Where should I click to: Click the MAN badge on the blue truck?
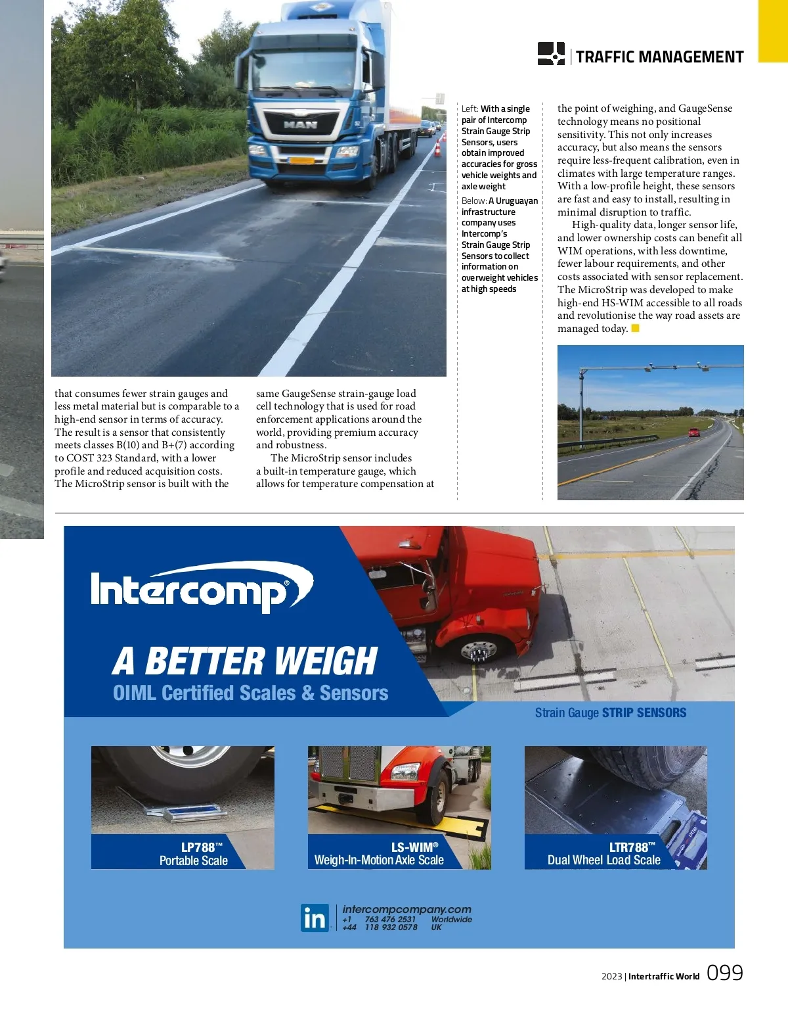(x=300, y=124)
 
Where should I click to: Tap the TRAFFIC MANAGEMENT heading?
(x=659, y=57)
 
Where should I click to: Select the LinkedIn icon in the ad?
(x=315, y=918)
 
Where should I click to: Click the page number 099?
(x=724, y=973)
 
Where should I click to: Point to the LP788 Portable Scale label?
(x=193, y=854)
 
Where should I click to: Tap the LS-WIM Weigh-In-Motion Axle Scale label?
(x=379, y=853)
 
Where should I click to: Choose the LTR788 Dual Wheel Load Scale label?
(x=604, y=853)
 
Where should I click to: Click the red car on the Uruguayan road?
(x=693, y=432)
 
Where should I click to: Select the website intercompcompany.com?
(x=406, y=909)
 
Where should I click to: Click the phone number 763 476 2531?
(x=390, y=920)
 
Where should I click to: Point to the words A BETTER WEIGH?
(x=245, y=661)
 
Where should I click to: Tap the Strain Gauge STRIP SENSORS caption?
(x=611, y=713)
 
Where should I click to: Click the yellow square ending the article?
(x=635, y=328)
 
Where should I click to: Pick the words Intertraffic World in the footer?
(x=663, y=976)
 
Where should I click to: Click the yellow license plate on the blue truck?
(x=301, y=160)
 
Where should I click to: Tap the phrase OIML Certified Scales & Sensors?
(x=250, y=693)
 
